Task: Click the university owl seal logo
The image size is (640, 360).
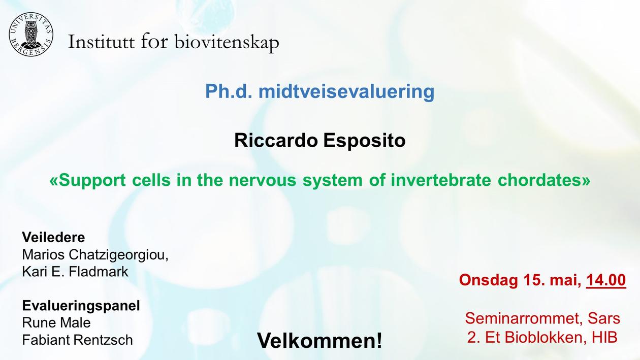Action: tap(31, 35)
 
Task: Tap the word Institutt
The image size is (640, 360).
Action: tap(101, 42)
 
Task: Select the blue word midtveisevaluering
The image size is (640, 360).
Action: tap(346, 91)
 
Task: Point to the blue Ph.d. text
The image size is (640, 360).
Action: tap(229, 91)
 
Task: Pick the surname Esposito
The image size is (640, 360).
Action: tap(364, 141)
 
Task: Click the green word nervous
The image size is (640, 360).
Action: tap(262, 181)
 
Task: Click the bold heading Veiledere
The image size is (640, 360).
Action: tap(53, 237)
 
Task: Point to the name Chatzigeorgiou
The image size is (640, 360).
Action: tap(118, 255)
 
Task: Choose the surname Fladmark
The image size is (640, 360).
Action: tap(99, 272)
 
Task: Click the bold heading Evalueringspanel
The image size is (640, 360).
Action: tap(81, 306)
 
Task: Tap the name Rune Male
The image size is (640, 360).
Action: tap(56, 323)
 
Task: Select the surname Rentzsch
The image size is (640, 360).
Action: tap(103, 340)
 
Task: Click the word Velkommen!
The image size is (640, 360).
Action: tap(319, 341)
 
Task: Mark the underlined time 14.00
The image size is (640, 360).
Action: tap(606, 280)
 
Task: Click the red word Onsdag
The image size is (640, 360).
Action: tap(488, 280)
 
